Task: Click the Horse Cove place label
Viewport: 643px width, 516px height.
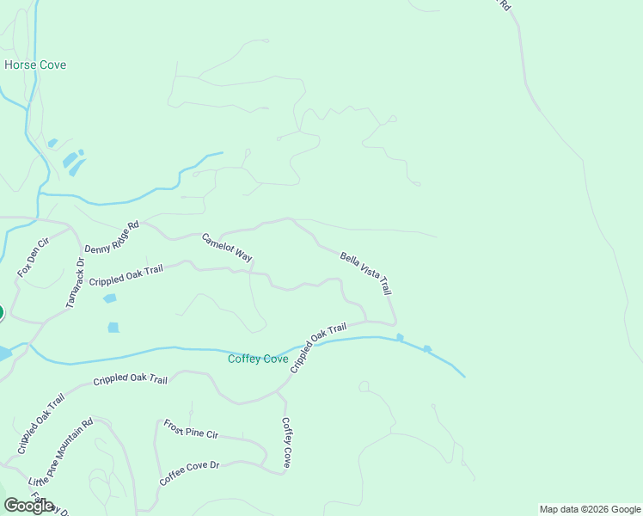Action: tap(35, 65)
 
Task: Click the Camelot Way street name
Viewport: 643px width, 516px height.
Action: tap(227, 247)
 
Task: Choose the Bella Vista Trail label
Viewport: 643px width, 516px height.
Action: tap(365, 273)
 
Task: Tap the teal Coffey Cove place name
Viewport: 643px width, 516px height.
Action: tap(258, 359)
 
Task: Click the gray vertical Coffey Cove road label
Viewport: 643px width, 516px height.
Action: tap(287, 441)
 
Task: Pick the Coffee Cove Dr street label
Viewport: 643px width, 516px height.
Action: tap(190, 472)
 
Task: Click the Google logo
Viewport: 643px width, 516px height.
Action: tap(28, 506)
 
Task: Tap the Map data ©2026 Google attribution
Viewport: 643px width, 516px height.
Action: tap(590, 509)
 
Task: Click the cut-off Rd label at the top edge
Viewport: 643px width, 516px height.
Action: tap(505, 5)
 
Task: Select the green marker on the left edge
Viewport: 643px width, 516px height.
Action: tap(1, 312)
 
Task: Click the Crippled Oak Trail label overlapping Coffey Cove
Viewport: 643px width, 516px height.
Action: tap(318, 347)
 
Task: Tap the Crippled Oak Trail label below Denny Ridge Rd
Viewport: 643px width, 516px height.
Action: tap(126, 276)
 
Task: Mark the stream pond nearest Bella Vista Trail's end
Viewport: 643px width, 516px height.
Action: tap(400, 337)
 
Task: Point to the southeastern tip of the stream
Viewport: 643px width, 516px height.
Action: tap(464, 377)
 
